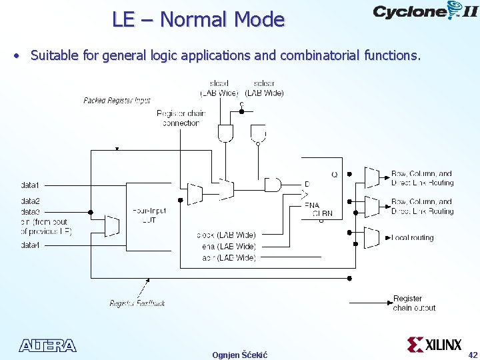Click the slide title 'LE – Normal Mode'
(x=198, y=19)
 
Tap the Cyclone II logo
(x=425, y=11)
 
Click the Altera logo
(x=47, y=345)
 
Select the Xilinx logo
(x=435, y=345)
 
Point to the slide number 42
(x=473, y=355)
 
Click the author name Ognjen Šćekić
(x=239, y=355)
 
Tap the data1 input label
(x=31, y=184)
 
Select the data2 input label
(x=31, y=201)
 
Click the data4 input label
(x=31, y=245)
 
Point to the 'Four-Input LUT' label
(x=149, y=215)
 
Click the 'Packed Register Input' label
(x=117, y=101)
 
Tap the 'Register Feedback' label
(x=137, y=303)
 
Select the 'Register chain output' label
(x=414, y=303)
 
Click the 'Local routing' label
(x=413, y=237)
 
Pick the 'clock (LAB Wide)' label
(x=226, y=235)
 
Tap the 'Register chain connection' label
(x=181, y=118)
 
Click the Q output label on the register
(x=334, y=175)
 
